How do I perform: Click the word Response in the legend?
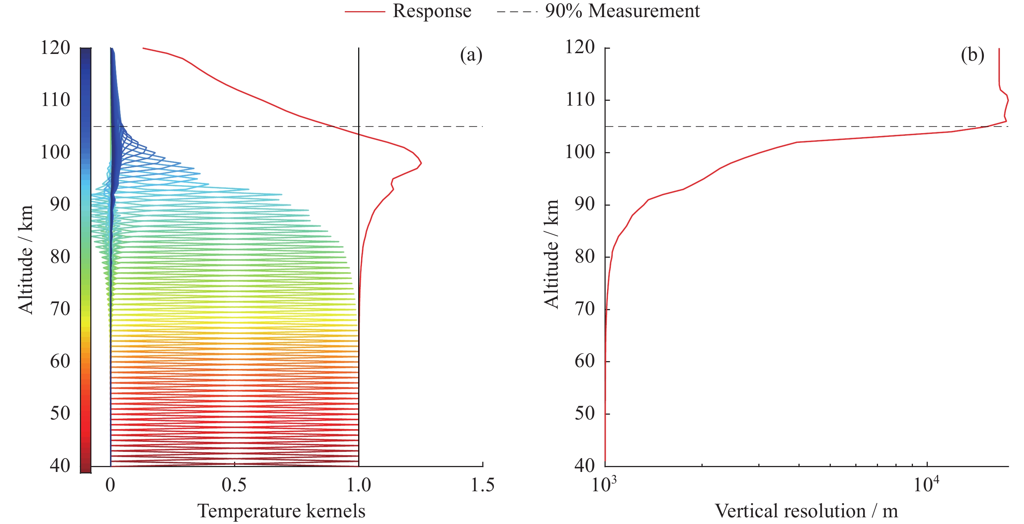tap(432, 11)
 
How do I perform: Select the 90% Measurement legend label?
tap(622, 11)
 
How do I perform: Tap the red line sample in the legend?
tap(364, 12)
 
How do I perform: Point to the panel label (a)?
tap(471, 55)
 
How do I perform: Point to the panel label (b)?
tap(972, 55)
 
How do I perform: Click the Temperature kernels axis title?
tap(281, 511)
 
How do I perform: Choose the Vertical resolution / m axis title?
tap(806, 511)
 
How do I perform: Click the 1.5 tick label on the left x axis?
tap(483, 485)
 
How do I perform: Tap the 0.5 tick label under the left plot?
tap(234, 485)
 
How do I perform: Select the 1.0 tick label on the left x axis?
tap(359, 485)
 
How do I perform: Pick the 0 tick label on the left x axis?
tap(110, 485)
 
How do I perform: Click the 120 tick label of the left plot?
tap(55, 48)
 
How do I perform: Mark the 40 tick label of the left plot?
tap(60, 465)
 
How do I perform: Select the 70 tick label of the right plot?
tap(585, 309)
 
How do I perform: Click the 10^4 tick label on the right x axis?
tap(926, 484)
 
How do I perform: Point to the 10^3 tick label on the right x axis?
tap(604, 484)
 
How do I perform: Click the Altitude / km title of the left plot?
tap(25, 260)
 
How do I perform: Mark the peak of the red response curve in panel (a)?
tap(421, 163)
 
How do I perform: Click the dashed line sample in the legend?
tap(517, 12)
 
